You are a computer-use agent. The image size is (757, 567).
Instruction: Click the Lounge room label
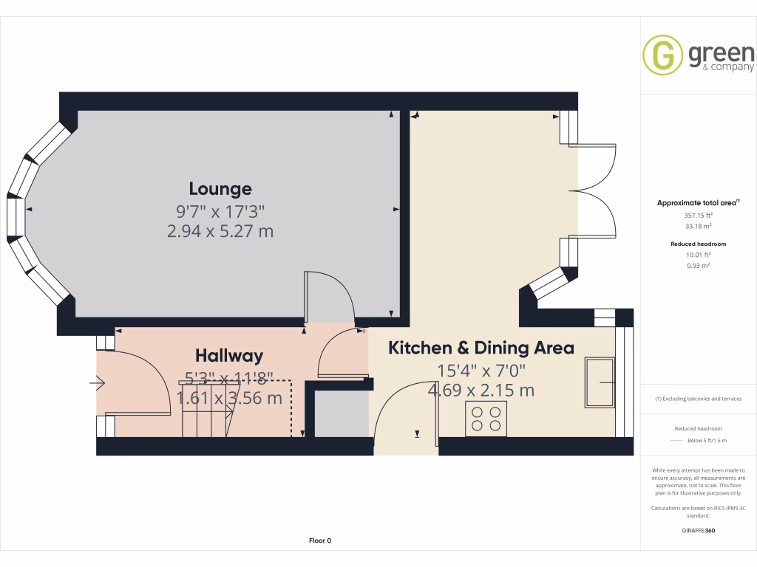click(220, 189)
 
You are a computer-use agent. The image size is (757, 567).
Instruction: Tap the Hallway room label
click(229, 356)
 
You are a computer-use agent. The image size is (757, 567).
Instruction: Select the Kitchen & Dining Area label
click(481, 348)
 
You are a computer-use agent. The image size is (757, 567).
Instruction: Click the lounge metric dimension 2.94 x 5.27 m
click(220, 231)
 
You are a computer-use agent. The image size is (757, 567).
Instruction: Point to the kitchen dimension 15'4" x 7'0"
click(481, 370)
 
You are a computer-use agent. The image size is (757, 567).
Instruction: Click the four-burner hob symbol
click(486, 419)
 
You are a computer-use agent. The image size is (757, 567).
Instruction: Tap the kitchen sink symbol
click(599, 382)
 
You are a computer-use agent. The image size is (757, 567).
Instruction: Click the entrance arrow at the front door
click(98, 383)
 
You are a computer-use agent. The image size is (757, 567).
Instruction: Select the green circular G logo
click(662, 55)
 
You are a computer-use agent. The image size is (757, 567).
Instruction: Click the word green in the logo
click(721, 53)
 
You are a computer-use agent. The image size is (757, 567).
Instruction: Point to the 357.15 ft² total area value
click(699, 215)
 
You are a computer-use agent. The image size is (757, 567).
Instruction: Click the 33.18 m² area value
click(699, 226)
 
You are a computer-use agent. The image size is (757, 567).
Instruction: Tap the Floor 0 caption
click(319, 540)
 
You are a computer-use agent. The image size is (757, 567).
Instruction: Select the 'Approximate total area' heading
click(698, 203)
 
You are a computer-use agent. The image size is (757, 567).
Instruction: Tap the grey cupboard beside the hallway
click(341, 413)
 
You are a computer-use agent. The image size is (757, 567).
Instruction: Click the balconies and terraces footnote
click(699, 399)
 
